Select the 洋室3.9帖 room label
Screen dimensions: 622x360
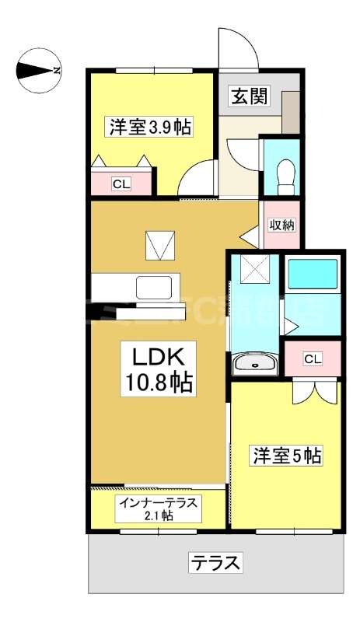click(151, 127)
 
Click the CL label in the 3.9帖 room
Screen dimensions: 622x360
click(121, 184)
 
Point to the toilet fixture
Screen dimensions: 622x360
click(285, 174)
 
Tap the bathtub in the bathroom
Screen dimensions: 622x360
click(313, 274)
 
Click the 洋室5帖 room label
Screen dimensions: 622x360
click(285, 456)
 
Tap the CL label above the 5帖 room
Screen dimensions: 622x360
click(312, 358)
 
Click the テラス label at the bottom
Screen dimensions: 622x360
click(214, 561)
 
